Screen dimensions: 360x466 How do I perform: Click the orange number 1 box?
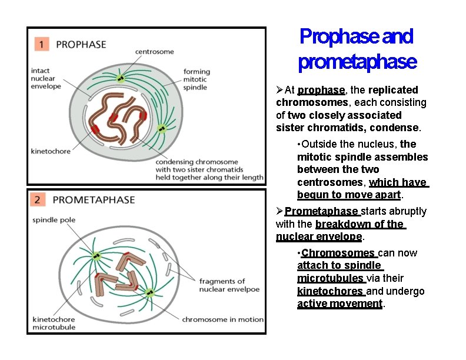[x=41, y=44]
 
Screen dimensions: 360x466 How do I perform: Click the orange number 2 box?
[x=38, y=200]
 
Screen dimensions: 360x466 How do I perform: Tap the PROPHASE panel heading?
[x=81, y=44]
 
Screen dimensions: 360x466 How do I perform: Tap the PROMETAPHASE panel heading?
[x=94, y=200]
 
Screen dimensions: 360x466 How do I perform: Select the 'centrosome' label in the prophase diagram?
[x=154, y=52]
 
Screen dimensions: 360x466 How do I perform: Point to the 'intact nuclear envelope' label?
[x=46, y=79]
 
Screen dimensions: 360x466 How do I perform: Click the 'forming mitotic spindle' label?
[x=197, y=79]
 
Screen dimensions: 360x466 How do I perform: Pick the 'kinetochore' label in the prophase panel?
[x=51, y=151]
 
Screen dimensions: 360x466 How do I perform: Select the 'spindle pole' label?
[x=54, y=220]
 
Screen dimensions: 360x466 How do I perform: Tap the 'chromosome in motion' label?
[x=222, y=319]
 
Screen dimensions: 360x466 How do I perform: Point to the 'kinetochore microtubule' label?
[x=54, y=323]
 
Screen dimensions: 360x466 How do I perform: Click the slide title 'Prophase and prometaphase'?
[x=357, y=48]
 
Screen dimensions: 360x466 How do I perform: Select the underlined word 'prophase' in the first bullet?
[x=321, y=90]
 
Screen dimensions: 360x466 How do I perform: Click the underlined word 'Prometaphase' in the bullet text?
[x=322, y=211]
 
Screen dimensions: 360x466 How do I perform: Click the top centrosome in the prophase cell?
[x=120, y=78]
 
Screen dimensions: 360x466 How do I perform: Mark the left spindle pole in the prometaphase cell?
[x=95, y=256]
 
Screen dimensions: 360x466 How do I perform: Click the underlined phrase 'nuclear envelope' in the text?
[x=318, y=237]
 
